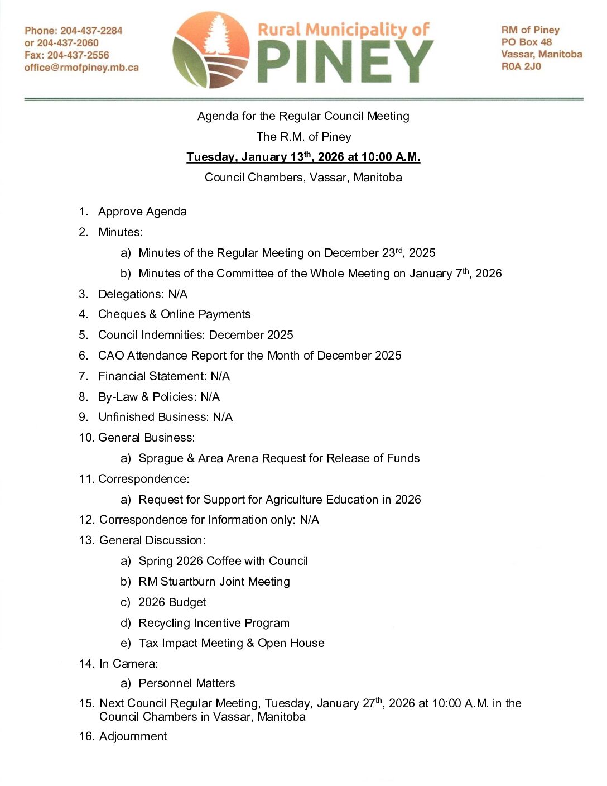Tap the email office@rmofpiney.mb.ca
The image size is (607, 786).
tap(81, 68)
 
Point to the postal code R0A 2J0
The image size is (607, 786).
tap(521, 66)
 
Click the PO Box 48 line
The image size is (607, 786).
tap(526, 42)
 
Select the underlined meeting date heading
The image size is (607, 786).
tap(303, 157)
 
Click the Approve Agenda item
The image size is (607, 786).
tap(142, 212)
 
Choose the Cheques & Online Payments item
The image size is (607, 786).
tap(174, 314)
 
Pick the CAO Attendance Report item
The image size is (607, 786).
tap(249, 356)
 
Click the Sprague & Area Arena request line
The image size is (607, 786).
tap(279, 458)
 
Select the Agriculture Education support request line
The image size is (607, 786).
tap(280, 500)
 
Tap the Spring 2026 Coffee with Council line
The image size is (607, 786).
tap(223, 561)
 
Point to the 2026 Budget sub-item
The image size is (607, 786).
tap(172, 602)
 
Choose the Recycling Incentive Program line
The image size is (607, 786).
tap(214, 623)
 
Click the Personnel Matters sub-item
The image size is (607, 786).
tap(186, 683)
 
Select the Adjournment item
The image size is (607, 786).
tap(133, 736)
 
